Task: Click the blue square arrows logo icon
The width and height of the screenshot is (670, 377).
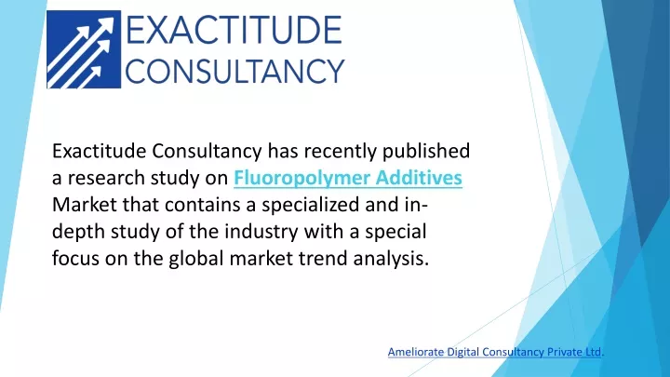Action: pos(84,49)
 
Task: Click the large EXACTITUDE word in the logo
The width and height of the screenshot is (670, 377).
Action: pos(234,30)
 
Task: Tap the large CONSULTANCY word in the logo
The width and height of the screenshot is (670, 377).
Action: pos(234,71)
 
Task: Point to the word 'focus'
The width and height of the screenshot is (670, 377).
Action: pos(75,258)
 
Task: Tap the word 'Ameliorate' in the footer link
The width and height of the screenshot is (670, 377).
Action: pos(416,352)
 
